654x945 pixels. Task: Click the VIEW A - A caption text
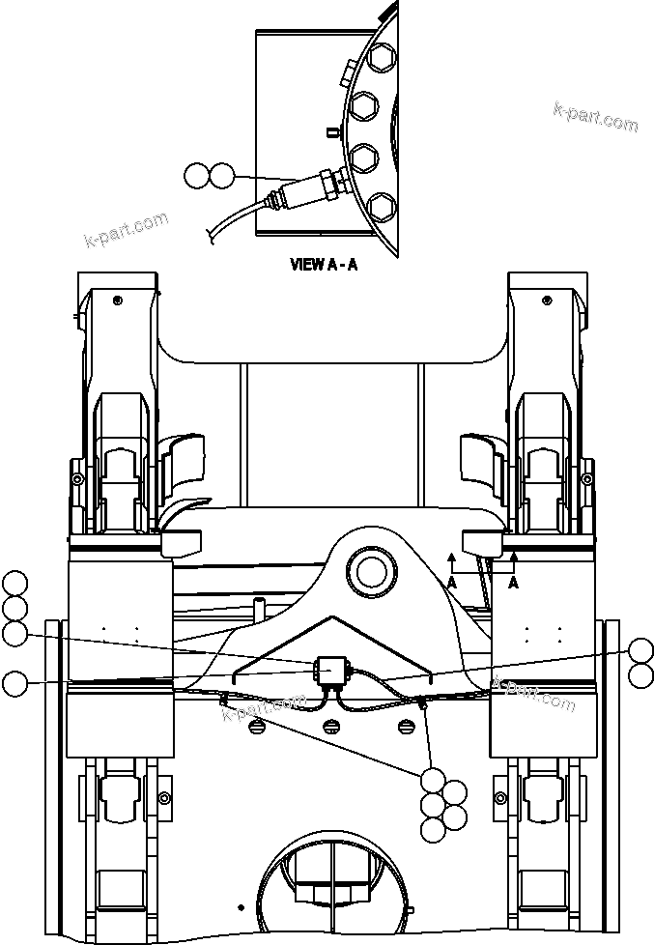[324, 264]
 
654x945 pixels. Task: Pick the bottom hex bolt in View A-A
[381, 206]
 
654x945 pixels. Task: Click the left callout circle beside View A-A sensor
[196, 176]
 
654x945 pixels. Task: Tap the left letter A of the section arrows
[451, 582]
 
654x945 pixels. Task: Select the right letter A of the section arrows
[514, 582]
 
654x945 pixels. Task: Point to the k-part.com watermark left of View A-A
[127, 229]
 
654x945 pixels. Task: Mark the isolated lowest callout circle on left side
[14, 684]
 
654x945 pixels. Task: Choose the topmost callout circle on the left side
[14, 584]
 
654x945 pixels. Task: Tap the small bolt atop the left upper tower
[117, 300]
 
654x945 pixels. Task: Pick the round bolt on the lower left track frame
[164, 797]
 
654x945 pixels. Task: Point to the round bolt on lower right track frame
[499, 797]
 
